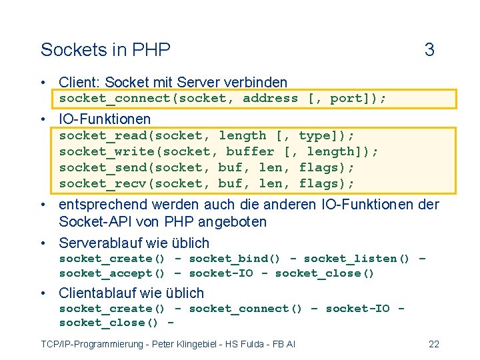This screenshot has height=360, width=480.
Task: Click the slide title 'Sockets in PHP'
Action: tap(105, 50)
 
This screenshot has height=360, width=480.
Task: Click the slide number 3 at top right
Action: tap(429, 50)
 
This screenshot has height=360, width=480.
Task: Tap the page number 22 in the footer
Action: tap(433, 344)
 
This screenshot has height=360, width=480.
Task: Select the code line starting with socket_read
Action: tap(207, 136)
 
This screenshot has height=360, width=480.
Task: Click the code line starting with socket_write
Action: tap(219, 152)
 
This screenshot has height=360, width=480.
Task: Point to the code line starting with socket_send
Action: tap(207, 168)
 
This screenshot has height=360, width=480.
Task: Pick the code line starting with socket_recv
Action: tap(207, 183)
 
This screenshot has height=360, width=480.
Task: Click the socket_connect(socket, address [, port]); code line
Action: tap(223, 99)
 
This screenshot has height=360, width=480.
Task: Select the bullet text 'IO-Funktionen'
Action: tap(105, 119)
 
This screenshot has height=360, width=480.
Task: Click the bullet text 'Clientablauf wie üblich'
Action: tap(131, 293)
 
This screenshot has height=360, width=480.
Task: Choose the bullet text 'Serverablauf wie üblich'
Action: tap(134, 243)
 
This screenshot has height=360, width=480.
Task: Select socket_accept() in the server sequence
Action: tap(112, 273)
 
